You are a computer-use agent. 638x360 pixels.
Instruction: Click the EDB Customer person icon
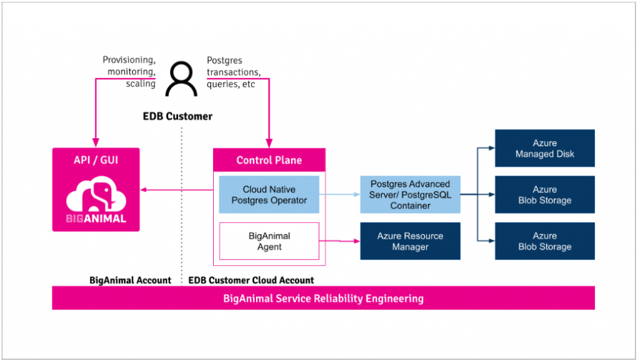coord(181,80)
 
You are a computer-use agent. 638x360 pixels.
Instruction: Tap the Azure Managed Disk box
coord(545,148)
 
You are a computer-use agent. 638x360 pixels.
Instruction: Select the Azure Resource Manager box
coord(410,241)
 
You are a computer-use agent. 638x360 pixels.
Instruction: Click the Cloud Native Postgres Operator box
coord(269,194)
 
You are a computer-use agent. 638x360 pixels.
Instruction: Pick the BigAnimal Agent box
coord(269,241)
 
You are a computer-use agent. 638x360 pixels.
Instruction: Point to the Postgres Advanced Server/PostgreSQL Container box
coord(410,194)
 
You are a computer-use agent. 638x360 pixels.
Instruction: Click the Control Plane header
coord(269,160)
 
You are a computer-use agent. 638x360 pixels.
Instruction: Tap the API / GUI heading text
coord(95,160)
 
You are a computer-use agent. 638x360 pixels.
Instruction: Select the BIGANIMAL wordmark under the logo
coord(96,219)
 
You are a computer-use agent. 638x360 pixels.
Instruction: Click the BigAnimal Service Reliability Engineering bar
coord(323,298)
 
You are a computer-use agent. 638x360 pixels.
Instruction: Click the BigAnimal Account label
coord(130,280)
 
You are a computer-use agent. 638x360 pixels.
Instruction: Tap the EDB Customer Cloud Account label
coord(251,280)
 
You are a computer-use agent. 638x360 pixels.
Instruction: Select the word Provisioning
coord(128,60)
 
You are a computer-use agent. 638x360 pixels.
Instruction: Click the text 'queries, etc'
coord(231,83)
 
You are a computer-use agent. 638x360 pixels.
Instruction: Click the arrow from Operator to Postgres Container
coord(340,194)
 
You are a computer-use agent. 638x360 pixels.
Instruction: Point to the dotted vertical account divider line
coord(182,206)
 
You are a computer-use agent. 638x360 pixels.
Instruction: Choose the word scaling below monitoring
coord(140,83)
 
